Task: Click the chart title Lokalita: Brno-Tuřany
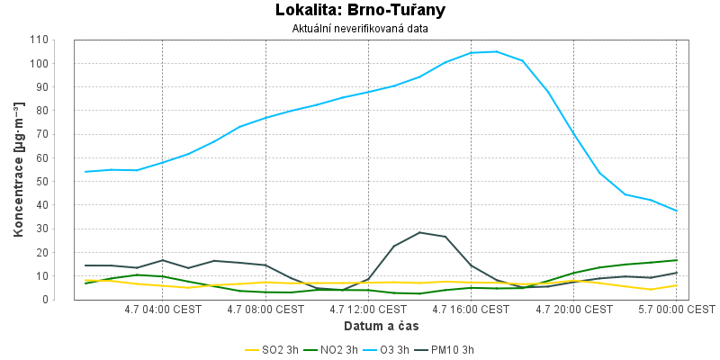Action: tap(360, 10)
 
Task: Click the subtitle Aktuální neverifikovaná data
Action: tap(360, 29)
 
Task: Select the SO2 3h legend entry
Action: tap(272, 350)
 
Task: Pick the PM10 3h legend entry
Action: tap(445, 350)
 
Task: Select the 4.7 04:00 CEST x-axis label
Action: tap(163, 310)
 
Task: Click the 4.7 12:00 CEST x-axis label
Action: tap(368, 310)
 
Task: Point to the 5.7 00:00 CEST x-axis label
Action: tap(677, 310)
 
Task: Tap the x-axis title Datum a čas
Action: tap(381, 327)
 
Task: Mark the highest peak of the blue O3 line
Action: tap(497, 51)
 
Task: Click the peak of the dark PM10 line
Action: tap(419, 232)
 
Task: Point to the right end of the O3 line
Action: tap(677, 211)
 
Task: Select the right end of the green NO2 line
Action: tap(677, 260)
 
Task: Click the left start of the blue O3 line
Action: tap(85, 172)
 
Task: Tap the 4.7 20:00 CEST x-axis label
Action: tap(573, 310)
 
